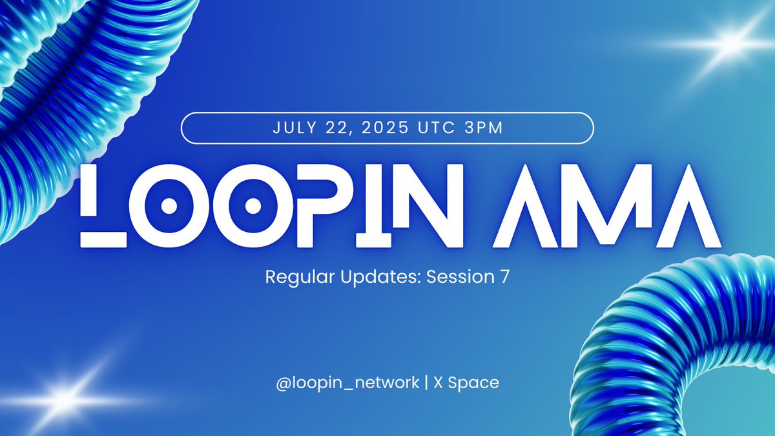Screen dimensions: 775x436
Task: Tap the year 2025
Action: click(385, 127)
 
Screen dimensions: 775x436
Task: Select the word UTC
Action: click(437, 127)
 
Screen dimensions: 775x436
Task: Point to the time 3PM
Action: click(483, 127)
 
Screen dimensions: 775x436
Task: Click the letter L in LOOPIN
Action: click(103, 206)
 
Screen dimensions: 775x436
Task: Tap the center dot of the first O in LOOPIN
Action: click(169, 206)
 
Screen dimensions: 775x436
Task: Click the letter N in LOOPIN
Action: click(429, 206)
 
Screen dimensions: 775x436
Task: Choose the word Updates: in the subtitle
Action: click(381, 278)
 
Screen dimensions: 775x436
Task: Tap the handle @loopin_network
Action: click(347, 383)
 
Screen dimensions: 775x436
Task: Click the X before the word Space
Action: click(439, 382)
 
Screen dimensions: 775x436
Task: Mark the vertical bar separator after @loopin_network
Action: click(426, 382)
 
